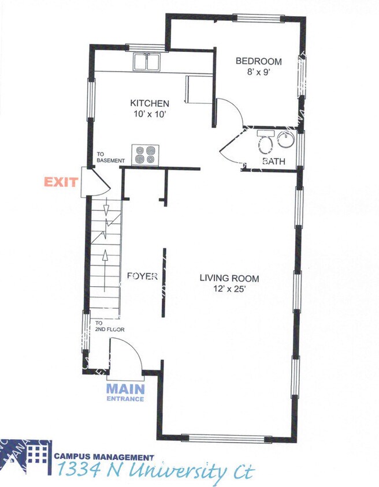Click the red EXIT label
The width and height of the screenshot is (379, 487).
(61, 182)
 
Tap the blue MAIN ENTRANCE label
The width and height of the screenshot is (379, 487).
(125, 392)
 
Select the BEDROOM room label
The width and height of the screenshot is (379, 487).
(258, 62)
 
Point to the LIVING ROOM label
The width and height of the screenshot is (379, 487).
(229, 279)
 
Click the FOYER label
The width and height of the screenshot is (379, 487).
(142, 276)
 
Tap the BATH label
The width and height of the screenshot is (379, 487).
(273, 162)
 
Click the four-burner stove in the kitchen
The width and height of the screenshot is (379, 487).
(145, 155)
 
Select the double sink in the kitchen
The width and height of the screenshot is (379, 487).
(148, 61)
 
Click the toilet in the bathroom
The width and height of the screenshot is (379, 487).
(265, 143)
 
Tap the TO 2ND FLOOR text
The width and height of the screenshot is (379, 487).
(110, 327)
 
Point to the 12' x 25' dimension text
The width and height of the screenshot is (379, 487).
(229, 290)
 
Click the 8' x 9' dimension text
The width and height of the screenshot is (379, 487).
(258, 73)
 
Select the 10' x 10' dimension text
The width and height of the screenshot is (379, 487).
(149, 114)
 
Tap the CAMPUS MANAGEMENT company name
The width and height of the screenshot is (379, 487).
(104, 456)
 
